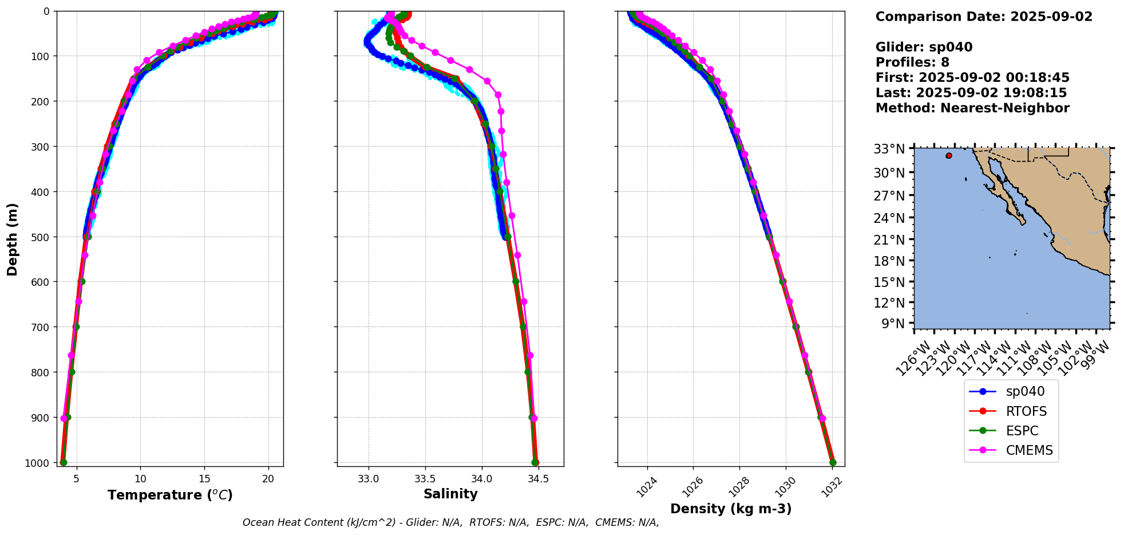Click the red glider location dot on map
pyautogui.click(x=949, y=156)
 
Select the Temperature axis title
pyautogui.click(x=170, y=495)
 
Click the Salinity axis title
pyautogui.click(x=450, y=494)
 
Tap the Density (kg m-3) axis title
pyautogui.click(x=731, y=509)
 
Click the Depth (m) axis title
pyautogui.click(x=13, y=239)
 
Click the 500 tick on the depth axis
pyautogui.click(x=41, y=237)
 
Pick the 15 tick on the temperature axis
pyautogui.click(x=204, y=479)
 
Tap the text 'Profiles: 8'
pyautogui.click(x=912, y=62)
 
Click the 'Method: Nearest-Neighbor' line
pyautogui.click(x=972, y=108)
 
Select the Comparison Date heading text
pyautogui.click(x=984, y=17)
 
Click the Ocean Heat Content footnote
pyautogui.click(x=450, y=522)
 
